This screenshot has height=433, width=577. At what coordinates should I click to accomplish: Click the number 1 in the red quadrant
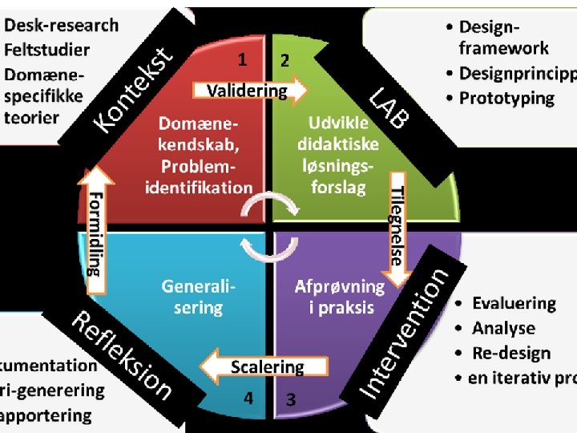pos(242,59)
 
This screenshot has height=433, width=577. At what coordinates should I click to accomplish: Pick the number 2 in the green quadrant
pos(284,60)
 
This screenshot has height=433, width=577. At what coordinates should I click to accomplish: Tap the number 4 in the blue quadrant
pos(249,397)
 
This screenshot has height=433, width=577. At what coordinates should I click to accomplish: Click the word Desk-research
pos(62,26)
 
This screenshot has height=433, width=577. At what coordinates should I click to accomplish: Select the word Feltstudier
pos(47,49)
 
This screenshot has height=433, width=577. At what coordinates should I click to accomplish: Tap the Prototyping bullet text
pos(506,99)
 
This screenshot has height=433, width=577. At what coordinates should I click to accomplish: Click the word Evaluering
pos(514,304)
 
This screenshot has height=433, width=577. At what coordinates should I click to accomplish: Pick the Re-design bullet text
pos(511,353)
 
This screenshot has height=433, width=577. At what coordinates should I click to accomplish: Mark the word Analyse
pos(503,328)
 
